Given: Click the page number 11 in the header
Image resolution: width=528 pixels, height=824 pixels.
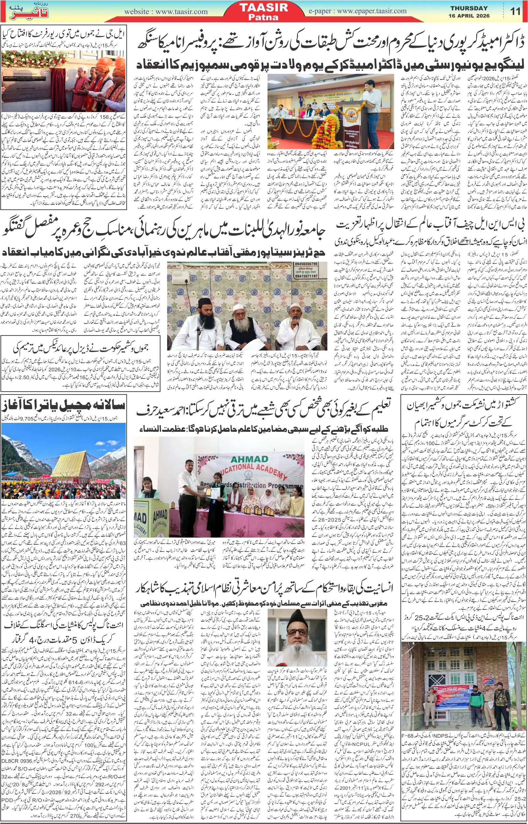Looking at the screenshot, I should (x=515, y=11).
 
